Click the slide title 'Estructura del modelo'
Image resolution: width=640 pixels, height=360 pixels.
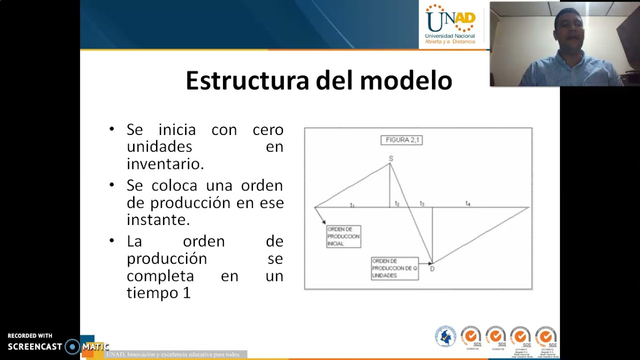tap(318, 80)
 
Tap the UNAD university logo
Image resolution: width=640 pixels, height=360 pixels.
tap(450, 24)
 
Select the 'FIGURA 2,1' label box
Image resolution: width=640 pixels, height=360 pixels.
tap(401, 140)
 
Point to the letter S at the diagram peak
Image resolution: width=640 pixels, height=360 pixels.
tap(391, 158)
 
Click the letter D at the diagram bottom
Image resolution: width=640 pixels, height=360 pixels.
tap(432, 269)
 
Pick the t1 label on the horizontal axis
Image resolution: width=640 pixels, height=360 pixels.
tap(352, 205)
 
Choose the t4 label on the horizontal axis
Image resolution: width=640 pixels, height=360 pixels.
tap(468, 203)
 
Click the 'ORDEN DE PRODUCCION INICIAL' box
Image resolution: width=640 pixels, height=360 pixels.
tap(343, 236)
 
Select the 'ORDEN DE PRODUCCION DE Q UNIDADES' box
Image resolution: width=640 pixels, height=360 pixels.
tap(394, 268)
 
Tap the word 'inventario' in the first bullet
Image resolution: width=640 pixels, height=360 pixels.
tap(165, 163)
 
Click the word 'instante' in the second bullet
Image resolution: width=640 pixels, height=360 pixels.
tap(158, 219)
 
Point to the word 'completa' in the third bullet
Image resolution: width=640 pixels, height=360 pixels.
tap(160, 275)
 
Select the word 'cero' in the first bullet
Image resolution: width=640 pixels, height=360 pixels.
tap(268, 129)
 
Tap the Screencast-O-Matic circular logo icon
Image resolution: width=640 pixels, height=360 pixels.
tap(72, 346)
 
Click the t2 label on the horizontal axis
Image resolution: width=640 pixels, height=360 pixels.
tap(397, 204)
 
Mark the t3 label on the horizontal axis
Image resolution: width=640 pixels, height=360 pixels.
tap(422, 204)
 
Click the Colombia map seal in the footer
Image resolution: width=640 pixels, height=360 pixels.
tap(445, 336)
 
